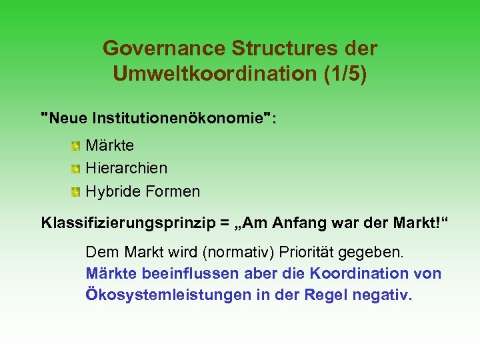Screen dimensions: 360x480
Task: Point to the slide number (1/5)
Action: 345,74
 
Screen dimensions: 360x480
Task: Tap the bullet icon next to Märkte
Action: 76,145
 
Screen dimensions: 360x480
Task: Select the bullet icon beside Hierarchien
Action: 76,168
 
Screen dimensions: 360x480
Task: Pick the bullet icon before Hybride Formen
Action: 76,192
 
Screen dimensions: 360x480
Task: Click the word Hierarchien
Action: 127,168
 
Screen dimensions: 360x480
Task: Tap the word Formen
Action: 171,191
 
